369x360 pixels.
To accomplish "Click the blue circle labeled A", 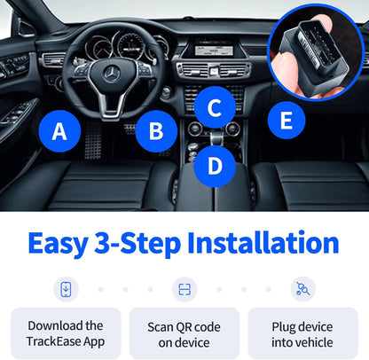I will pos(59,132).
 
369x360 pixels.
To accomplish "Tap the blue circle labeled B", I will pos(156,132).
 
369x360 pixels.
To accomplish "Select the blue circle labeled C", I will pos(214,108).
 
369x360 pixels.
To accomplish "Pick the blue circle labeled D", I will pos(214,165).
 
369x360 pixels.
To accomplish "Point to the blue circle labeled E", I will pos(286,120).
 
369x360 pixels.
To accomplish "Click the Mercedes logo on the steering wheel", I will pos(113,74).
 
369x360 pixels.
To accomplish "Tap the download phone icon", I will pos(66,288).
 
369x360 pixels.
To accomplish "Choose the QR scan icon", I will pos(184,288).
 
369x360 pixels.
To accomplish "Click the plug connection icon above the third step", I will pos(302,288).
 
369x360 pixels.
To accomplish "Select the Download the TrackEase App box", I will pos(66,333).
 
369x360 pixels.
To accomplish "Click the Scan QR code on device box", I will pos(184,333).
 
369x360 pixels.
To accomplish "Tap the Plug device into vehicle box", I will pos(302,333).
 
